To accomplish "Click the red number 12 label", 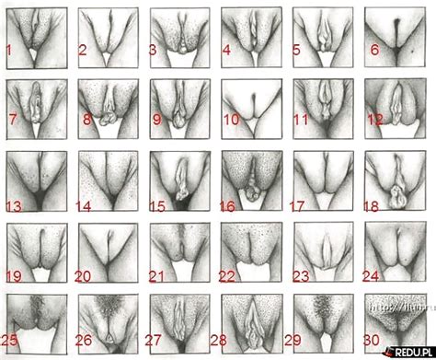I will (x=375, y=119).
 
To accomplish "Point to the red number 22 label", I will (x=229, y=276).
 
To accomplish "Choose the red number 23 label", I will (x=301, y=274).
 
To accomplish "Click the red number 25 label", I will (x=11, y=338).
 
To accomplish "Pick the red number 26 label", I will (x=86, y=339).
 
